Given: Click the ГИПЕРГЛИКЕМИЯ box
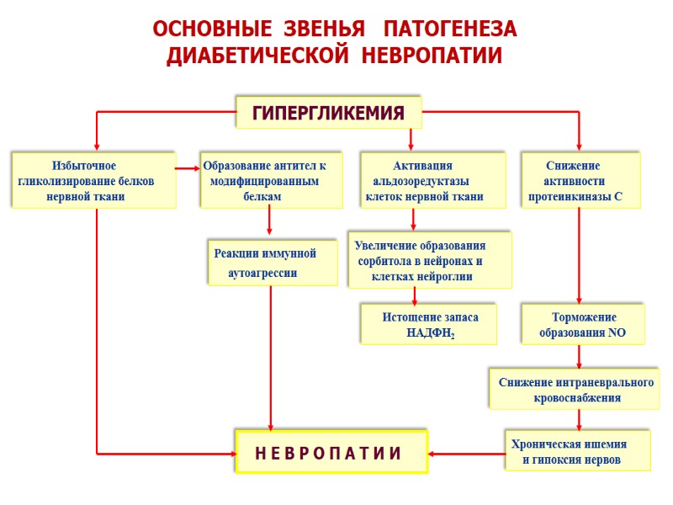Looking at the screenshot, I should click(328, 112).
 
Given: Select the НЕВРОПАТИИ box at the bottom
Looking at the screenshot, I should click(331, 453).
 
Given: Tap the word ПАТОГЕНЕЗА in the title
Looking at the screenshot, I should click(449, 29).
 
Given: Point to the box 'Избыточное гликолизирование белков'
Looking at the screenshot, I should click(93, 179).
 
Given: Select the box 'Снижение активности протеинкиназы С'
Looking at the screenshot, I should click(580, 179).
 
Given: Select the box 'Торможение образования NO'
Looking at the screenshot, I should click(582, 325).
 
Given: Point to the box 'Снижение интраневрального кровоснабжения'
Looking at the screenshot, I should click(575, 390).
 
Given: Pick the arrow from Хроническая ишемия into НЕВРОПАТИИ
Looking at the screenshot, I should click(466, 454).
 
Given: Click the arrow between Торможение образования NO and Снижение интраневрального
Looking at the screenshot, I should click(579, 356).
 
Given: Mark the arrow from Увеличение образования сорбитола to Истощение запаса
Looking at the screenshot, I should click(414, 295).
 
